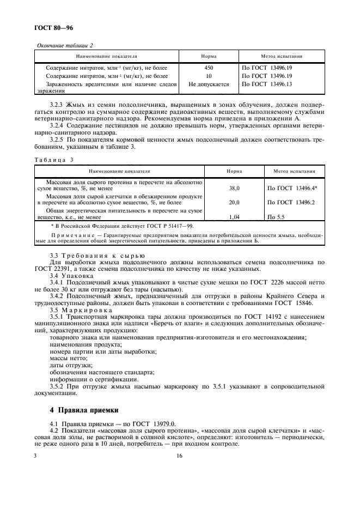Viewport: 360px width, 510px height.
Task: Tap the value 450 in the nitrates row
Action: pos(209,68)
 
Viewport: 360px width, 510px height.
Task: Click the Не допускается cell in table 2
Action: pos(209,84)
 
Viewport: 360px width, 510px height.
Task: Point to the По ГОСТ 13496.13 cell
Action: pos(267,84)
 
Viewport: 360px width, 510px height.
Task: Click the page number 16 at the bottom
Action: pos(179,457)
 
